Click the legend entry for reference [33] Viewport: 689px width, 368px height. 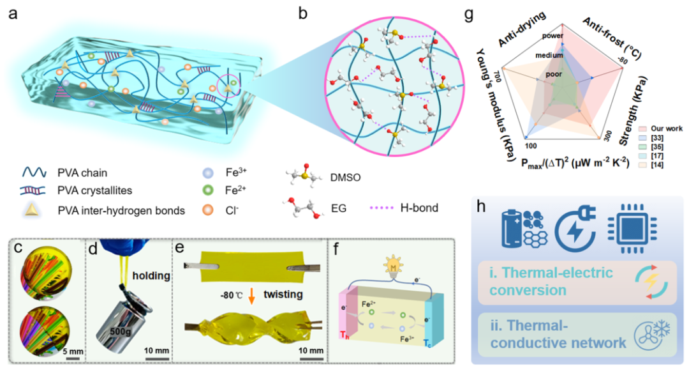[661, 137]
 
